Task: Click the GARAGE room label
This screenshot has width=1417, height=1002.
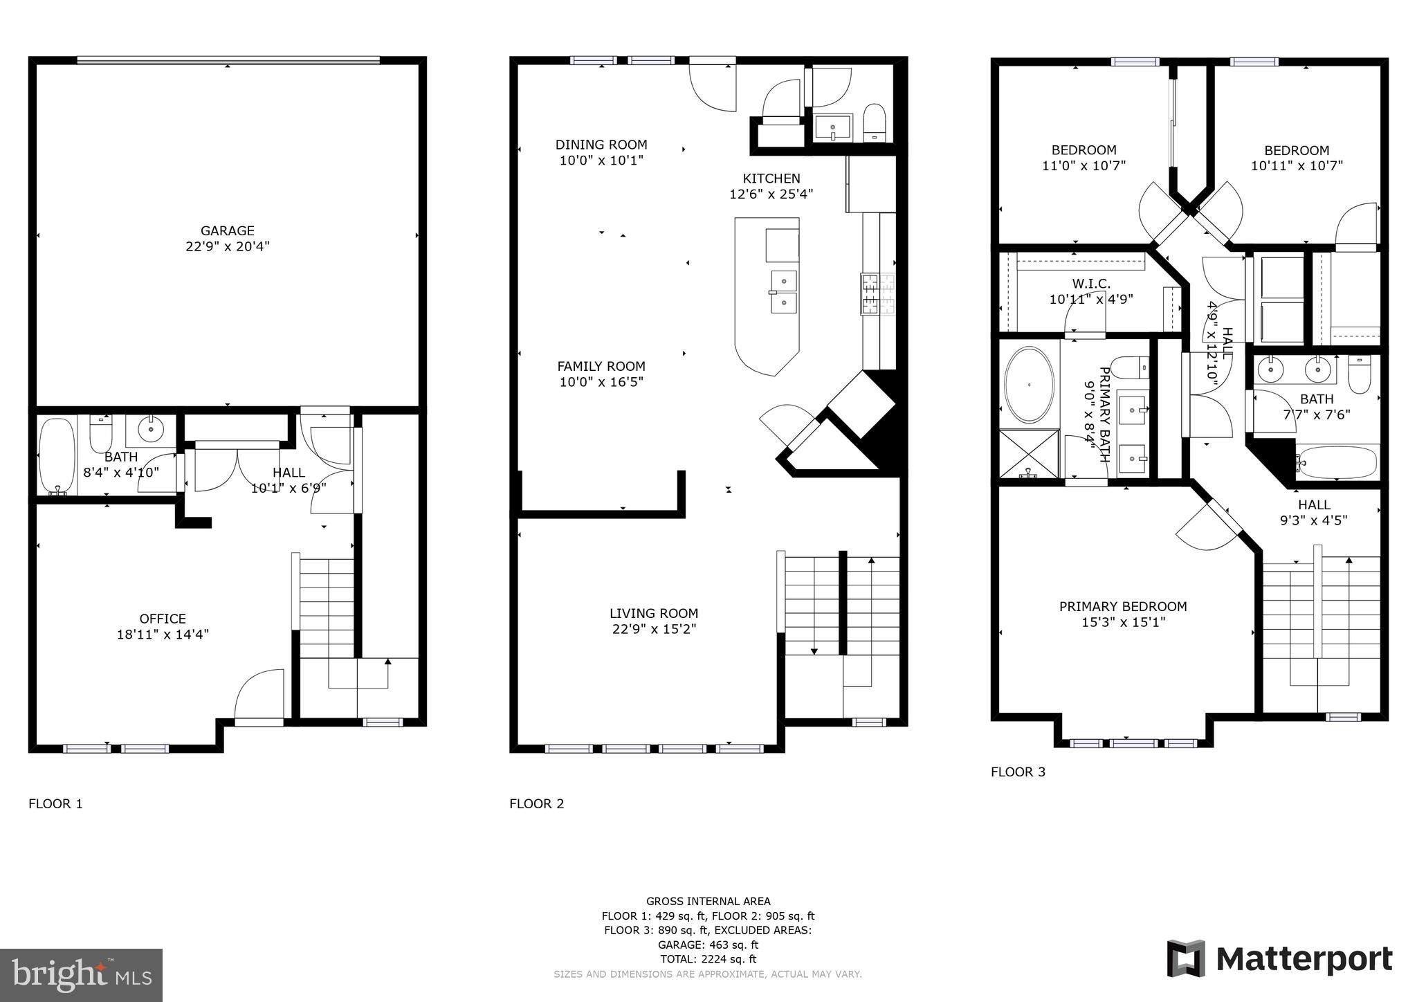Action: point(227,231)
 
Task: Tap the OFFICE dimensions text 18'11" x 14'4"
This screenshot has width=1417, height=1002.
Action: point(163,634)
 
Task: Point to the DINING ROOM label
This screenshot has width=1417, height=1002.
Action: point(601,145)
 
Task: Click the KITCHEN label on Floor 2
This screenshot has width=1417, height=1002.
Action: point(771,179)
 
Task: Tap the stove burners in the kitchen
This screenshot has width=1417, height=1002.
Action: point(877,293)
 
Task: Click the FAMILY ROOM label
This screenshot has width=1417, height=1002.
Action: point(601,366)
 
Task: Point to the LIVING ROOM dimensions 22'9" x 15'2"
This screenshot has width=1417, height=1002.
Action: point(653,629)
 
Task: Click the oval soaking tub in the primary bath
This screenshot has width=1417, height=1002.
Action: point(1029,385)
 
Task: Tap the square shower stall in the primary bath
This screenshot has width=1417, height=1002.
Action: point(1029,453)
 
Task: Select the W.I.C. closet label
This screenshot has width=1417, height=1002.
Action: point(1090,284)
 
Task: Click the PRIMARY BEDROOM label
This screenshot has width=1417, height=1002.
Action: point(1122,606)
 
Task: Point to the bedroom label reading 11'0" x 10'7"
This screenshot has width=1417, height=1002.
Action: point(1083,165)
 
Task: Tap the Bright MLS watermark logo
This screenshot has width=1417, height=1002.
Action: point(81,975)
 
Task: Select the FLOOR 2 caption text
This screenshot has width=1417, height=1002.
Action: point(536,803)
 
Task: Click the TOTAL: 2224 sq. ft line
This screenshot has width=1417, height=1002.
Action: point(707,959)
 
